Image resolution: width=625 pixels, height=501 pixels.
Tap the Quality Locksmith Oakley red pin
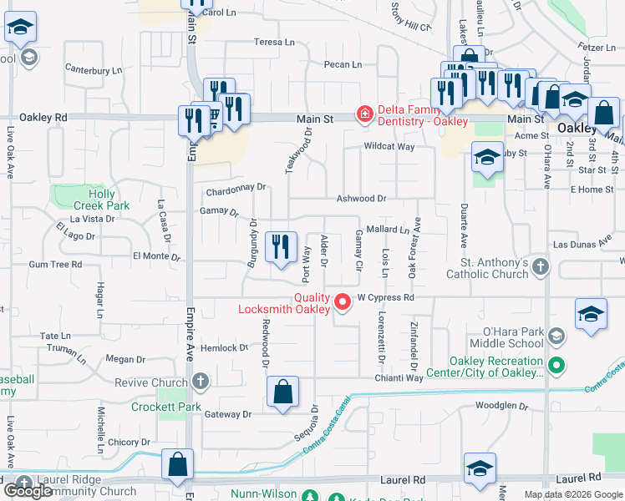tap(343, 302)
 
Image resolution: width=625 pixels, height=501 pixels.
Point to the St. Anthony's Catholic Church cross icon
tap(541, 267)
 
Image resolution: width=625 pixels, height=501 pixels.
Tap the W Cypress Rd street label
tap(386, 296)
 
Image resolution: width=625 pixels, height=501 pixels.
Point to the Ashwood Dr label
tap(361, 199)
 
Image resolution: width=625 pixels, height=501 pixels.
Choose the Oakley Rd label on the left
tap(43, 118)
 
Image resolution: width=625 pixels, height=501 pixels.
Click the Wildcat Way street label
tap(389, 147)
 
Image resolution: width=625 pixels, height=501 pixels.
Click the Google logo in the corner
tap(29, 491)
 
